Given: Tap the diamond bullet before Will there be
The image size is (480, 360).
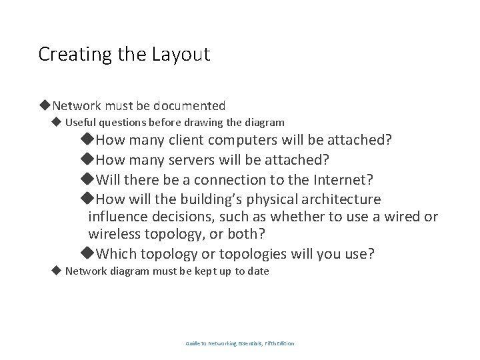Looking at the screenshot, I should point(87,179).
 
